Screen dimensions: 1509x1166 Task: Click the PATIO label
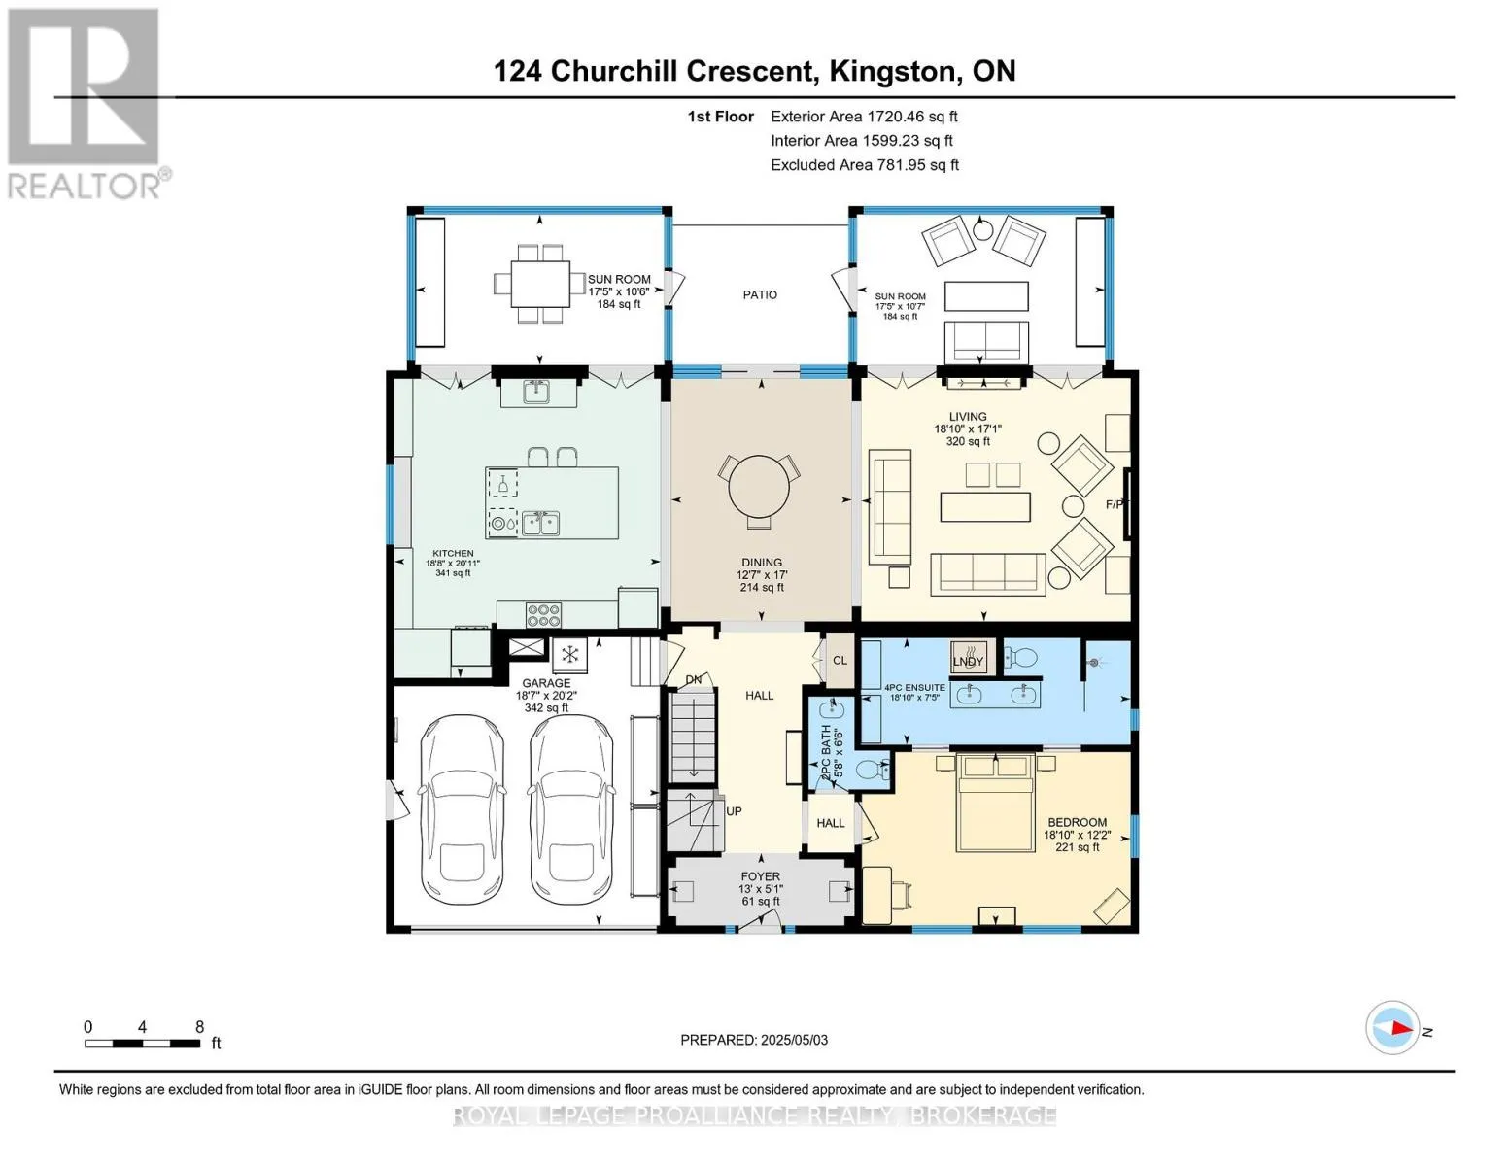point(760,295)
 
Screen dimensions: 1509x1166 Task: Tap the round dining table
point(759,486)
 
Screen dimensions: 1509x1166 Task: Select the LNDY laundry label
point(968,661)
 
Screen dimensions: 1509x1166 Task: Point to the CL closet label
point(840,661)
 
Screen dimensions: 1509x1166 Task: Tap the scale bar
point(143,1044)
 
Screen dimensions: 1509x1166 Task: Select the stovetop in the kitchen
point(543,615)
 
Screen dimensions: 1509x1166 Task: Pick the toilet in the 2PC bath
point(873,770)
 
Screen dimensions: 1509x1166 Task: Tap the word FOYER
point(761,876)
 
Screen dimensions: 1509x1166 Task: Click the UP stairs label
point(734,811)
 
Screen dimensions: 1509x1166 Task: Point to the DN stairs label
point(693,680)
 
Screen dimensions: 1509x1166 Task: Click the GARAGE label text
point(546,683)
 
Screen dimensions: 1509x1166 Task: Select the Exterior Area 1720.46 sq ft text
point(864,117)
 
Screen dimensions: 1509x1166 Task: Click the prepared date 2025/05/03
point(795,1041)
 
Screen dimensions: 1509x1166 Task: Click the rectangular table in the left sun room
point(540,284)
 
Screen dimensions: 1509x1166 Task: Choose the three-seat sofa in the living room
point(988,574)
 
